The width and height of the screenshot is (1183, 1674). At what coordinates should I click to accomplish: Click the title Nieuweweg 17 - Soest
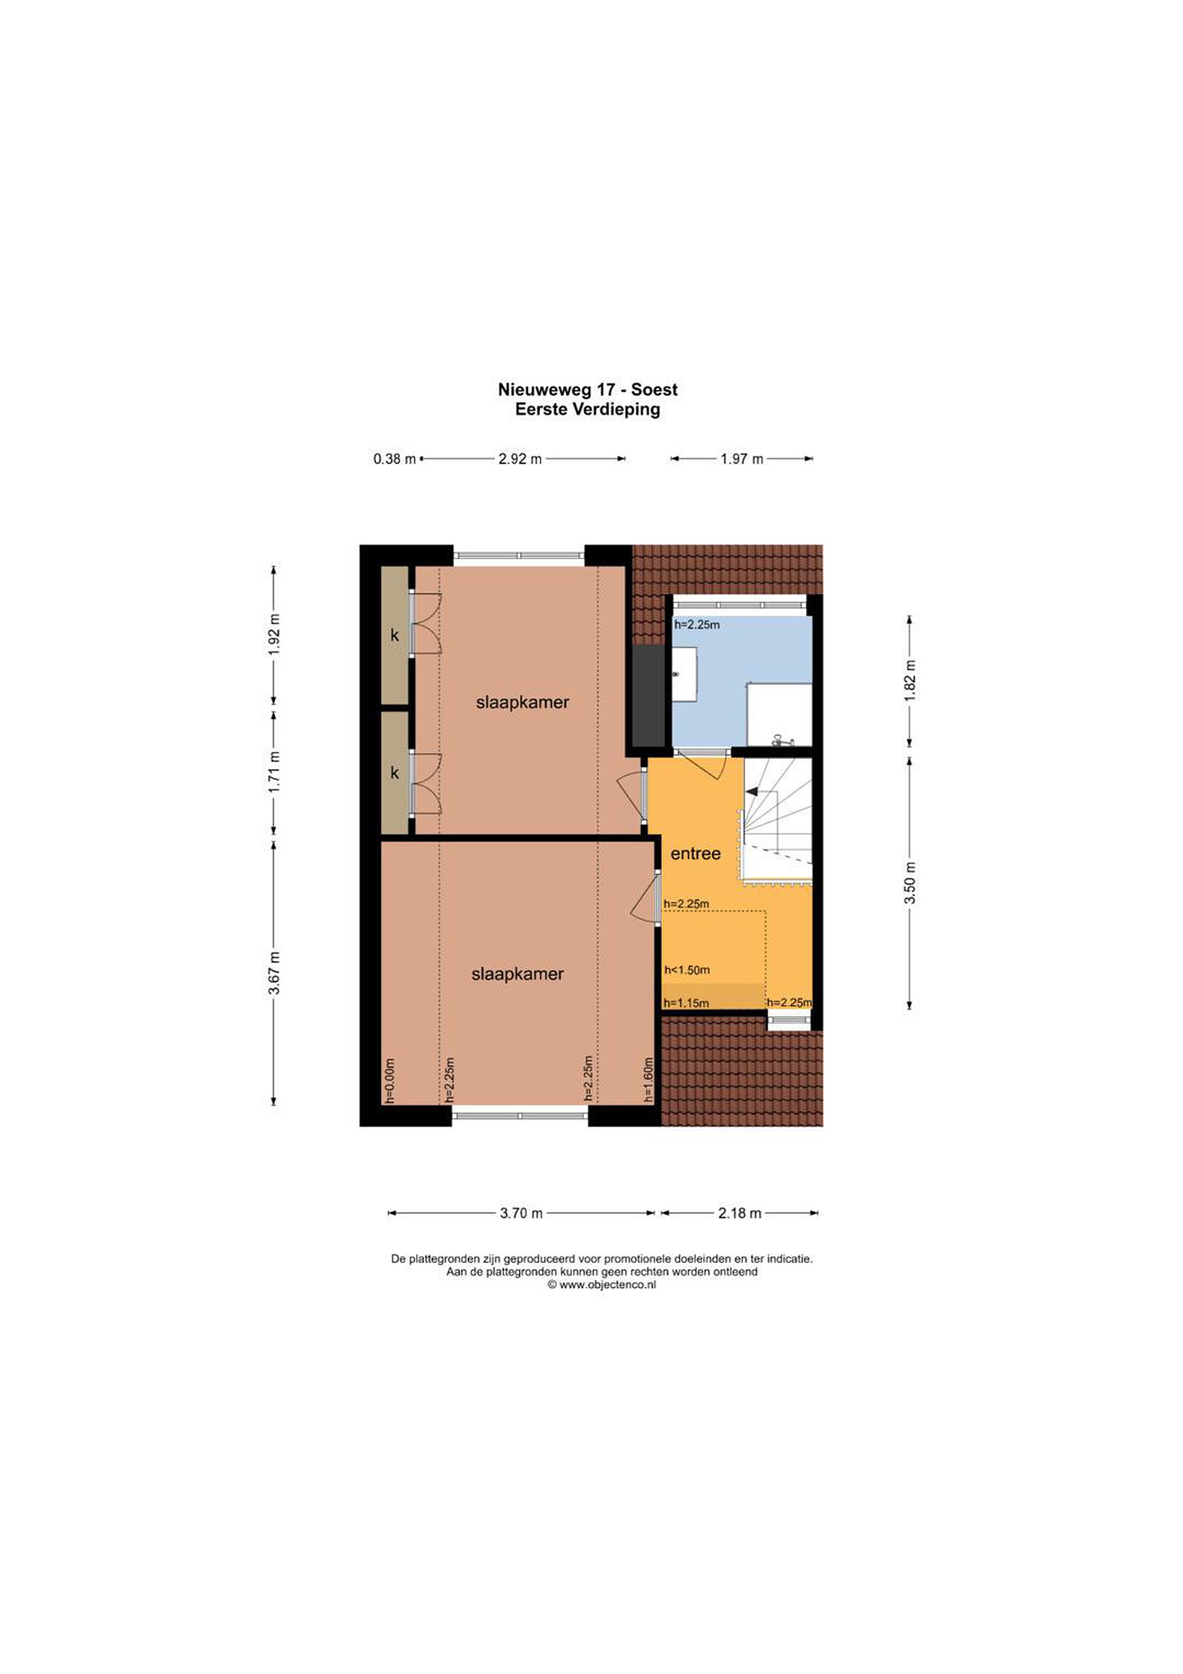587,389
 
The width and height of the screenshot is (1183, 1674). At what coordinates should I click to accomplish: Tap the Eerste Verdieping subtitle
587,409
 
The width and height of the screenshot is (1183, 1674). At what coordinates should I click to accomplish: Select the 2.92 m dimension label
519,459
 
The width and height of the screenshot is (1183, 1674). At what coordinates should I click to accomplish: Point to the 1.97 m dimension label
742,459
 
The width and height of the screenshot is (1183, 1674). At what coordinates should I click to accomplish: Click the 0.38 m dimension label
395,459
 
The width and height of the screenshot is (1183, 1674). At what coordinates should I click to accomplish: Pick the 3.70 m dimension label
521,1213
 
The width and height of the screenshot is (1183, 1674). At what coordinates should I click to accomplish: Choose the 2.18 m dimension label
740,1213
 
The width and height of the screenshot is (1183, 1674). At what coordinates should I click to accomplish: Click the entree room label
696,853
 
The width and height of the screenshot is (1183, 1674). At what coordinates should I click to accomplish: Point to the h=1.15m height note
686,1003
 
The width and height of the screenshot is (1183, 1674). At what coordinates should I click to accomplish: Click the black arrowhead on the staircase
751,791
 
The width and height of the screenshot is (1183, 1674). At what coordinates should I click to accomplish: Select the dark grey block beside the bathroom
648,696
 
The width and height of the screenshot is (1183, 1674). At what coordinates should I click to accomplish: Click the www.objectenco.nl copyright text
601,1285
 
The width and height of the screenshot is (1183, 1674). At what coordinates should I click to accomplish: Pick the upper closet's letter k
395,635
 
